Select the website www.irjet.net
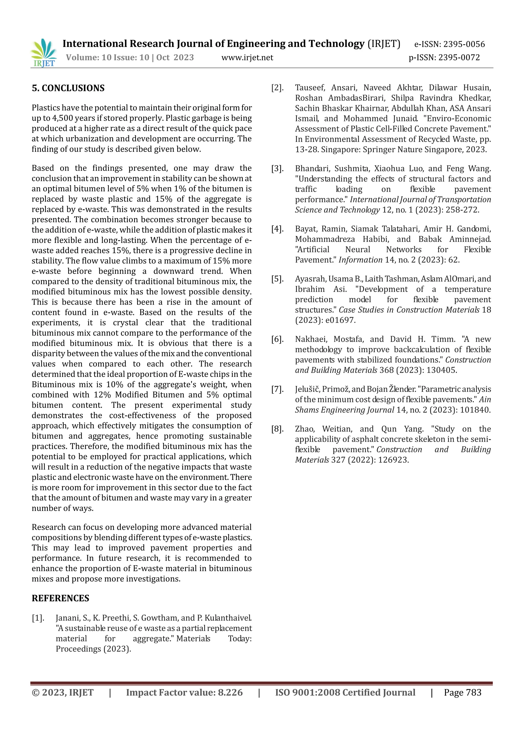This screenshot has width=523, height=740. click(247, 58)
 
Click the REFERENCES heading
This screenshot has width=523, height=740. click(60, 598)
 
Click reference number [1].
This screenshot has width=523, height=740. click(38, 618)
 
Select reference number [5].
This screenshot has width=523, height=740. click(277, 279)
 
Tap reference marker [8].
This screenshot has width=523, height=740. click(277, 429)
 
